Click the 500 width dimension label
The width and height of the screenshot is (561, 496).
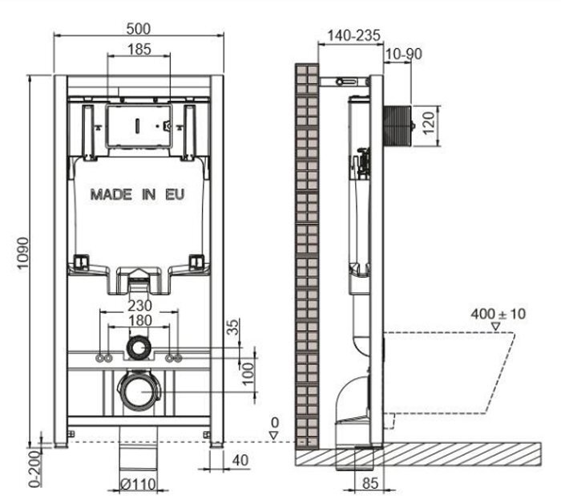(x=139, y=29)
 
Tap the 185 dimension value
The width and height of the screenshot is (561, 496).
(x=139, y=49)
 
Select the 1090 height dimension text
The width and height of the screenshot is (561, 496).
(x=23, y=253)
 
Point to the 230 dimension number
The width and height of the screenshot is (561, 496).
(x=140, y=306)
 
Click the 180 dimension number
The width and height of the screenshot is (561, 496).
(x=140, y=320)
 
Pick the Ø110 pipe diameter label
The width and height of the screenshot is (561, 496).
(x=138, y=485)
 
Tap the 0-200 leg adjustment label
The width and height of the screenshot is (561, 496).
(x=34, y=469)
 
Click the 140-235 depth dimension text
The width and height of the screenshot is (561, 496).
(x=354, y=35)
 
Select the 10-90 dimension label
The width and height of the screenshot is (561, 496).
(x=404, y=54)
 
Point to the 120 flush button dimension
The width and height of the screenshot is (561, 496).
(x=429, y=123)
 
